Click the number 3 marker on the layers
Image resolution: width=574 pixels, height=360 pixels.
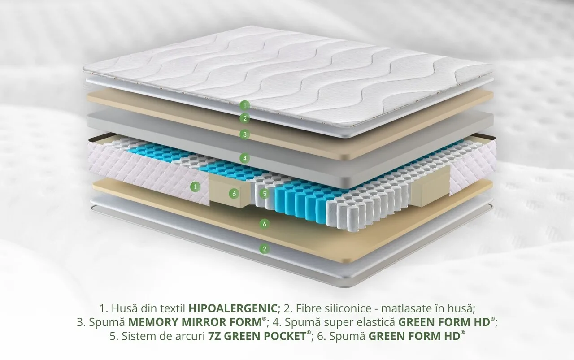click(x=245, y=134)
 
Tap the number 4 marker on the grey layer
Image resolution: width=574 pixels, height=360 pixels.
click(x=245, y=158)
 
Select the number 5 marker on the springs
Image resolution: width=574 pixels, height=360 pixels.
click(x=265, y=194)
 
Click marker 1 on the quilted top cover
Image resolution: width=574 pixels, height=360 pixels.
click(x=245, y=105)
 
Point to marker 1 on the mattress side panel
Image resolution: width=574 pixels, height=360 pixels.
click(x=195, y=187)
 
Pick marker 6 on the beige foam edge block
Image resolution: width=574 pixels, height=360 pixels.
click(x=234, y=194)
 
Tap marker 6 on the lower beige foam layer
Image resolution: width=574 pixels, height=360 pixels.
click(x=265, y=224)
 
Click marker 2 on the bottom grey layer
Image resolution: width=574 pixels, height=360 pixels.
click(x=265, y=248)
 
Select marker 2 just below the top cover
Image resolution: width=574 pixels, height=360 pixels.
click(x=245, y=118)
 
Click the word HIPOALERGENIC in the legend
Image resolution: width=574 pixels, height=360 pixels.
click(x=233, y=308)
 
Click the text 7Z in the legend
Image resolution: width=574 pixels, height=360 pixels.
click(x=214, y=336)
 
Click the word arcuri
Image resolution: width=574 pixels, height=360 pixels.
click(x=190, y=336)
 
